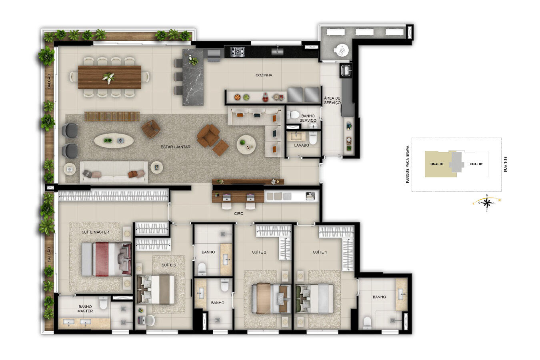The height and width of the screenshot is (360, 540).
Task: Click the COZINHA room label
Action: (264, 75)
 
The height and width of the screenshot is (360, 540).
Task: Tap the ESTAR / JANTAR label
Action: (176, 147)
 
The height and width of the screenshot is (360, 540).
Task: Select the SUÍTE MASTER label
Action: (95, 232)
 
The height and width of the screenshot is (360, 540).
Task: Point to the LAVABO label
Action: (301, 145)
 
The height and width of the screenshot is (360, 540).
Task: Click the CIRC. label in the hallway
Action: (239, 214)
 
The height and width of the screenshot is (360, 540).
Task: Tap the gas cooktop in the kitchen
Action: (237, 52)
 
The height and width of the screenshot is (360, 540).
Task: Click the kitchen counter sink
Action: (277, 52)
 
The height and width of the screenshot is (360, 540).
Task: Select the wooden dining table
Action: (110, 77)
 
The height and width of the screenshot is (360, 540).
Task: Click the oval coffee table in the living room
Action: (114, 140)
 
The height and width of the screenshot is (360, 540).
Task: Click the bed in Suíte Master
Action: (106, 259)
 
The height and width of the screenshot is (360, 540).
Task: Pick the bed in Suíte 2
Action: (271, 298)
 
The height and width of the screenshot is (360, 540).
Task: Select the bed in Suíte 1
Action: (314, 299)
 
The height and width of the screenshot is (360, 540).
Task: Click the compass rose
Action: (487, 203)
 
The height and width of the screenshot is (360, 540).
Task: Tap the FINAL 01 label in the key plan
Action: (436, 164)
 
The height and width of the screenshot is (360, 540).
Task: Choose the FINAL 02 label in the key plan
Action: (476, 164)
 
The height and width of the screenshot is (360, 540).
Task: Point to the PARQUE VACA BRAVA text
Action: (408, 164)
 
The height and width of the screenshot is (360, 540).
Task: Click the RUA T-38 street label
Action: (506, 164)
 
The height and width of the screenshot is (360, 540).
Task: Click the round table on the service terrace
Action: (342, 50)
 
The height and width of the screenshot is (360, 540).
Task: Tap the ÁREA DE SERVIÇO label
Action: (332, 100)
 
